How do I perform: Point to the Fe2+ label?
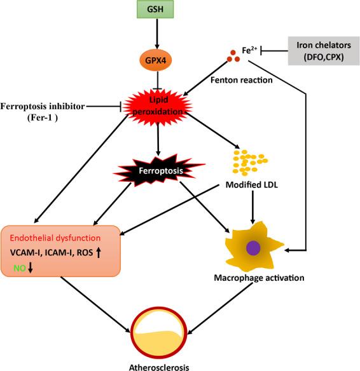click(x=249, y=46)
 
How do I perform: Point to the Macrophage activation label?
click(x=260, y=277)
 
